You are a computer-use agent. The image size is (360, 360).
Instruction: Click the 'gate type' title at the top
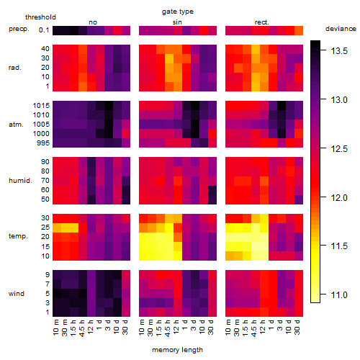(x=178, y=12)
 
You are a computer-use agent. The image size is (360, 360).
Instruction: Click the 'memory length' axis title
(x=177, y=350)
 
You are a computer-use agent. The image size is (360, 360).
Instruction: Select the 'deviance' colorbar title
(x=341, y=29)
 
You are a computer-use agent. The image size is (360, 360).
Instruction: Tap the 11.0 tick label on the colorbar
(x=339, y=294)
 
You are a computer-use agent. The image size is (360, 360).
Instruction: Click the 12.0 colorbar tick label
(x=339, y=198)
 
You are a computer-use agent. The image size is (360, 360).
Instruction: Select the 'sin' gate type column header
(x=177, y=22)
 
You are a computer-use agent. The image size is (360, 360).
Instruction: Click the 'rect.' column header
(x=262, y=22)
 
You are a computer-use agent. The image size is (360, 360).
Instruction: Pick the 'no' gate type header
(x=93, y=22)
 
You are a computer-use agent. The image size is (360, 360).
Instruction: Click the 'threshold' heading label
(x=40, y=17)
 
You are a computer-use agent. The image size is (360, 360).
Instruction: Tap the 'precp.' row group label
(x=19, y=30)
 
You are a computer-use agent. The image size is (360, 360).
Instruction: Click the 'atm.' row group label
(x=16, y=125)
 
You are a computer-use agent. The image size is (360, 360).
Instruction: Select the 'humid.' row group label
(x=20, y=181)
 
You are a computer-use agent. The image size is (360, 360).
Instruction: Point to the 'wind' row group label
(x=17, y=294)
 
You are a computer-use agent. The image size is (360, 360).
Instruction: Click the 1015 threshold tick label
(x=41, y=106)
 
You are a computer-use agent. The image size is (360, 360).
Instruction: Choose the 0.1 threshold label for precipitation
(x=44, y=30)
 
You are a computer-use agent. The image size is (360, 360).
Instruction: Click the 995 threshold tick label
(x=43, y=143)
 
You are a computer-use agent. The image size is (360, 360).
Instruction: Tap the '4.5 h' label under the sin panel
(x=168, y=328)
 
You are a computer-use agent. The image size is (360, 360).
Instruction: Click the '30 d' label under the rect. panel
(x=297, y=327)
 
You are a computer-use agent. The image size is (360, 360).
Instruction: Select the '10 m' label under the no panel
(x=55, y=328)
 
